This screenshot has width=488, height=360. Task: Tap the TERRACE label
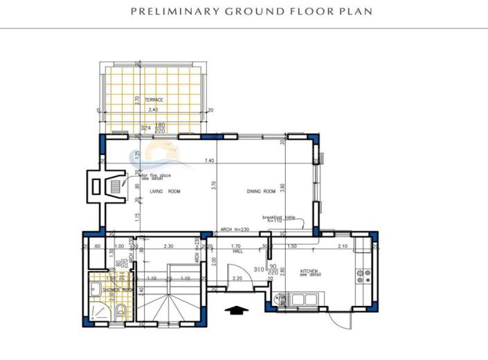tap(154, 100)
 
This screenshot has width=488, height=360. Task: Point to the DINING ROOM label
tap(261, 192)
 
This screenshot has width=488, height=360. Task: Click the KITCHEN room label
tap(309, 271)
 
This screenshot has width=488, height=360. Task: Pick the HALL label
tap(237, 251)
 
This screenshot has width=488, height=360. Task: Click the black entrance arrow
tap(237, 309)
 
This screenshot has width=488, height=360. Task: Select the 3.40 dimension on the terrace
tap(153, 110)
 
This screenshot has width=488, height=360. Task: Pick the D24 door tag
tap(145, 128)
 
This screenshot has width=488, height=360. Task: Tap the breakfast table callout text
tap(278, 218)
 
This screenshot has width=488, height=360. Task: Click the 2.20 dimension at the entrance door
tap(237, 278)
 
